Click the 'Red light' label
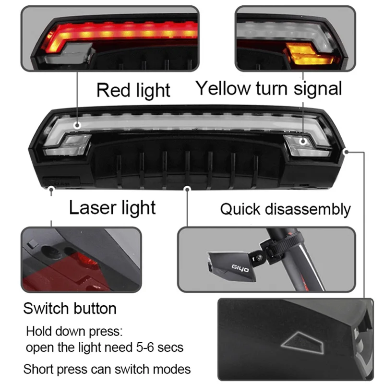[133, 90]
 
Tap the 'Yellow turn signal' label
[269, 88]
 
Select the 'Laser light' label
[112, 207]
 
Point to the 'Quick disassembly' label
[285, 209]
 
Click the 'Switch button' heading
[70, 308]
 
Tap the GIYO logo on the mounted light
[240, 269]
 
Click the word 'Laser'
[90, 207]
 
